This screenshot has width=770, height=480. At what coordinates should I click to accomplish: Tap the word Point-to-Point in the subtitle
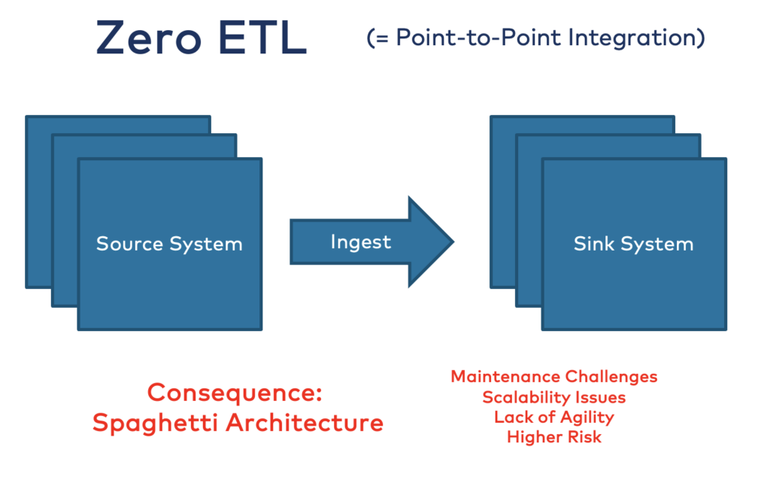click(469, 38)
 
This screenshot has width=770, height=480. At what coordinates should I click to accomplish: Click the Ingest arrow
click(362, 242)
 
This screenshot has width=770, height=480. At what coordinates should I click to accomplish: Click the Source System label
click(169, 244)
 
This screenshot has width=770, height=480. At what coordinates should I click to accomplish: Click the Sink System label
click(633, 244)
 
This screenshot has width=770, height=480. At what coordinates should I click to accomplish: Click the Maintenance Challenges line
click(554, 376)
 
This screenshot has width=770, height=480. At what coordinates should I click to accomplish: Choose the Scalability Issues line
click(554, 396)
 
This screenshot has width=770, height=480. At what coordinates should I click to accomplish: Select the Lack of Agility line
click(554, 417)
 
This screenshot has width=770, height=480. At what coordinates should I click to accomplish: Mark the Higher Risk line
click(554, 436)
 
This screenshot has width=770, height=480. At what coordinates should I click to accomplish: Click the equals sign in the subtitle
click(380, 39)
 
